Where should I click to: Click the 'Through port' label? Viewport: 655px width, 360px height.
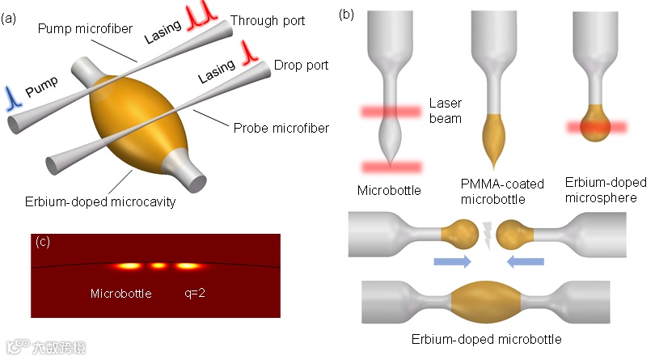[268, 20]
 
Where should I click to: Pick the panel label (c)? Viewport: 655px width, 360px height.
[44, 239]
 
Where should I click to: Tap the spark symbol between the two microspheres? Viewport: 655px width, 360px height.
[489, 231]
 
